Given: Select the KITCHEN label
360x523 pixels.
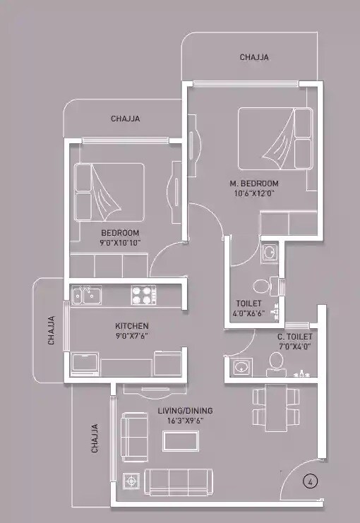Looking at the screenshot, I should [132, 325].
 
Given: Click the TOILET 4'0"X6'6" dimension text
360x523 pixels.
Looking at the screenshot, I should [250, 313].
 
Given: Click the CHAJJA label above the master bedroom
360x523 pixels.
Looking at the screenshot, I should [254, 57].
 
